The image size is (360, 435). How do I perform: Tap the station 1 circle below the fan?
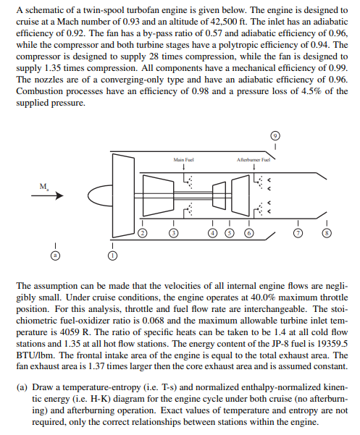[112, 255]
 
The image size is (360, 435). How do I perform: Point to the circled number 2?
[143, 233]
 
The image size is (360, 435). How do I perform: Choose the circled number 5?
[230, 233]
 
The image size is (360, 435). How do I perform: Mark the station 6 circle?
[248, 233]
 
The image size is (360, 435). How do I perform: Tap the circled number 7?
[297, 233]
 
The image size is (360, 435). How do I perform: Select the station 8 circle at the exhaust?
[327, 233]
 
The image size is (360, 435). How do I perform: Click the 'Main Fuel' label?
[184, 159]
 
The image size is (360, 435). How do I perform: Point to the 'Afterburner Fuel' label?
[255, 159]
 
